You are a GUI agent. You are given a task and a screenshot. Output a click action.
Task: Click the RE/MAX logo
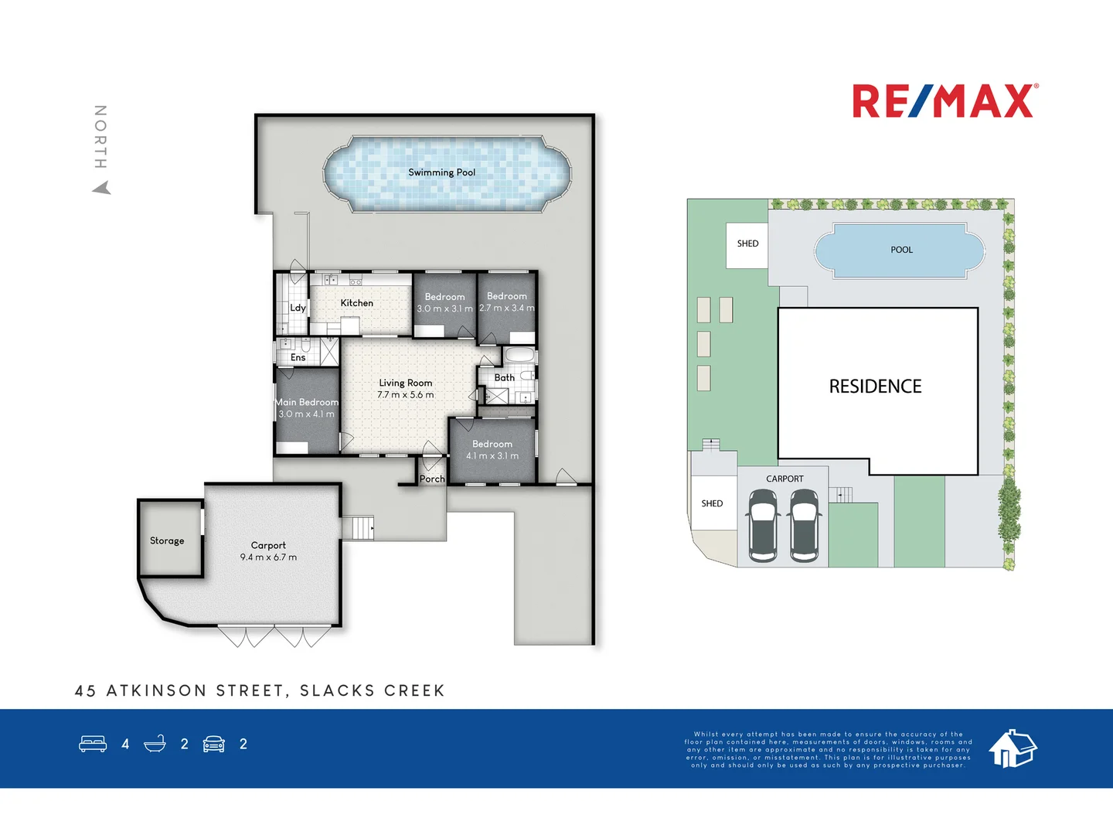point(945,101)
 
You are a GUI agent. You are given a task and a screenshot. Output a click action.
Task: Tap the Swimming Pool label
point(441,172)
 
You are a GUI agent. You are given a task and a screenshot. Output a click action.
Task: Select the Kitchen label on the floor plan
point(356,303)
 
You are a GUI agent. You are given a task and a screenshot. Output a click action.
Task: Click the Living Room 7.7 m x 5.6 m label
point(405,389)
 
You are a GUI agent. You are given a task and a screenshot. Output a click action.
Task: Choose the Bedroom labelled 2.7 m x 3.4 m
point(506,302)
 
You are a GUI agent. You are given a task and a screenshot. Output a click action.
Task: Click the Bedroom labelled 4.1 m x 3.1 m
point(492,450)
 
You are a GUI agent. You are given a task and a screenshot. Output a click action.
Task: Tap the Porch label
point(432,479)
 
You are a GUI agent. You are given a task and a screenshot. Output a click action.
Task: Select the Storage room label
point(167,540)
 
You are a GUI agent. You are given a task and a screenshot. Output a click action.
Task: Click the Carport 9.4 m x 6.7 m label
point(268,550)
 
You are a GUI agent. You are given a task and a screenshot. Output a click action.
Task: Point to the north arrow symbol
point(102,188)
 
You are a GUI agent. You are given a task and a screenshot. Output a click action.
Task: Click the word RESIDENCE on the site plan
point(875,387)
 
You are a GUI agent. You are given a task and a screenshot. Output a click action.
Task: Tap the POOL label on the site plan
point(901,250)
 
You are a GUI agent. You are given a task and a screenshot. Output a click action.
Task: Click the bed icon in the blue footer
point(93,744)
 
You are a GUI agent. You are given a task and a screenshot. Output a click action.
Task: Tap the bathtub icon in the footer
point(155,744)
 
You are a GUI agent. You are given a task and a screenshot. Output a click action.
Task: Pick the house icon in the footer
point(1013,748)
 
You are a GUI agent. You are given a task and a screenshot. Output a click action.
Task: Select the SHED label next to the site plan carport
point(712,503)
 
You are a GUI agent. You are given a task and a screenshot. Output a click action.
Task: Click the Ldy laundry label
point(298,308)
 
